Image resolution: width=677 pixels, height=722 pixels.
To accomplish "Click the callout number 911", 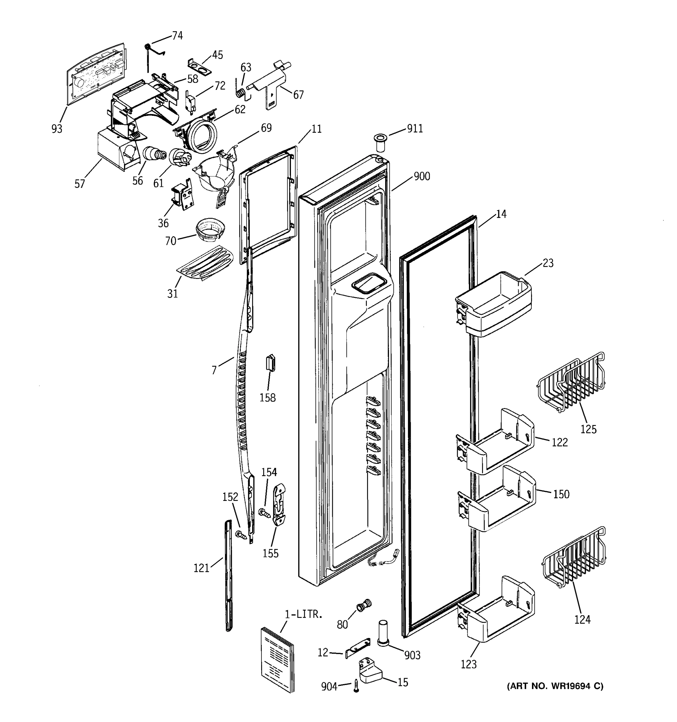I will coord(415,128).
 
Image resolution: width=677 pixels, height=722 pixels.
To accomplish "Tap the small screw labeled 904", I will coord(356,687).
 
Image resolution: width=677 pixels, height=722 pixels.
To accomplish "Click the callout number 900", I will coord(422,177).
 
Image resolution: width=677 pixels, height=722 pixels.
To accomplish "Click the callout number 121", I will coord(201,567).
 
